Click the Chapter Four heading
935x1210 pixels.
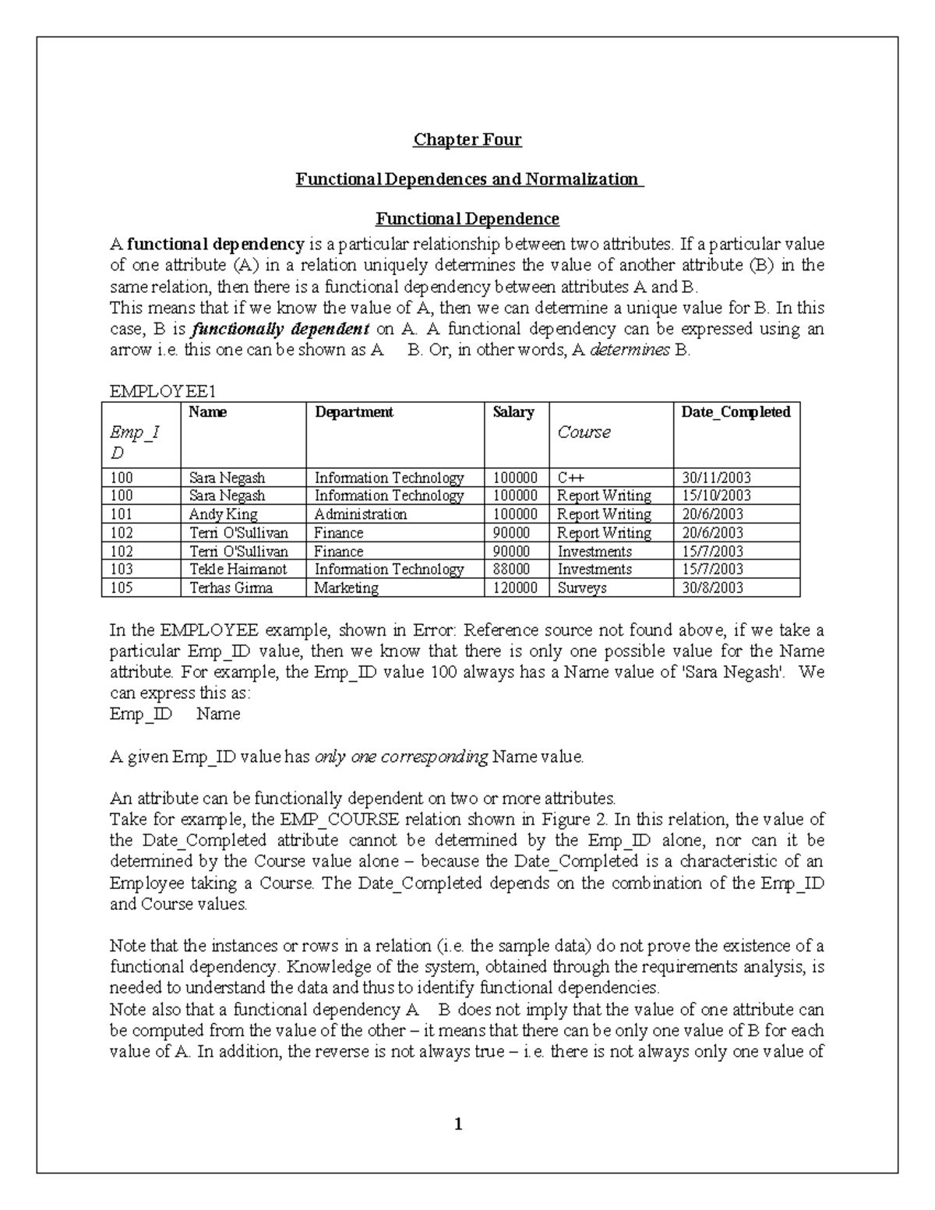(467, 139)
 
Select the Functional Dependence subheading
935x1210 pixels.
(467, 218)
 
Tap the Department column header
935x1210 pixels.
(354, 412)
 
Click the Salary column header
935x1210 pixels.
(513, 412)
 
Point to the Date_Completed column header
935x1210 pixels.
(736, 412)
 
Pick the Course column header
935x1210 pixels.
(584, 432)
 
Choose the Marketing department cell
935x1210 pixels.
(346, 588)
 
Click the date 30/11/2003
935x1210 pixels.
(716, 478)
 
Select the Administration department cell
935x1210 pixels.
(360, 514)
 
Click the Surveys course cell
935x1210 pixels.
(582, 588)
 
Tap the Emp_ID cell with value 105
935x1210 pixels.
(122, 588)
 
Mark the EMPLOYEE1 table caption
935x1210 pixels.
(157, 391)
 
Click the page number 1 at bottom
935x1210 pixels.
(459, 1124)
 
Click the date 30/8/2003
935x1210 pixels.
(712, 588)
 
